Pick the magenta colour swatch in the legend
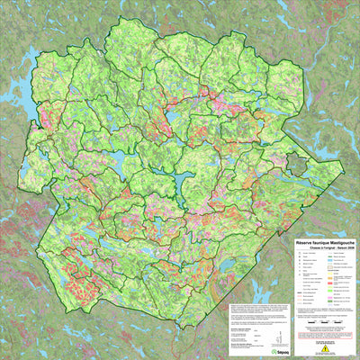pos(330,291)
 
